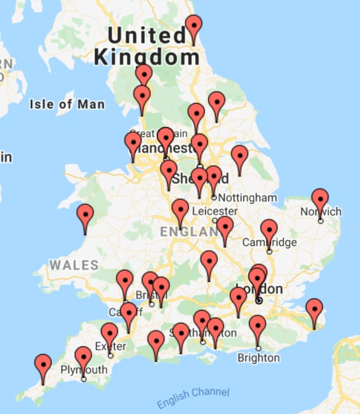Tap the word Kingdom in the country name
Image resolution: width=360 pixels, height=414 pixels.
pos(147,57)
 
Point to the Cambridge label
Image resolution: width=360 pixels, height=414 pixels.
pos(269,242)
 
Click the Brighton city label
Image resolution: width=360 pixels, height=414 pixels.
pos(259,358)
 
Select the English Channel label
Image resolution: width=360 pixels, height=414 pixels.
pos(192,398)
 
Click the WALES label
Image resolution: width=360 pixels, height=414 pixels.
pos(74,264)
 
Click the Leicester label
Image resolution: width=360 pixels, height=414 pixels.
pos(214,211)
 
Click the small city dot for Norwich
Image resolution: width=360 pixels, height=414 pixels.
pos(320,221)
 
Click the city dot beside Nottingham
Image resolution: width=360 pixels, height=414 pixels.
pos(214,197)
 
